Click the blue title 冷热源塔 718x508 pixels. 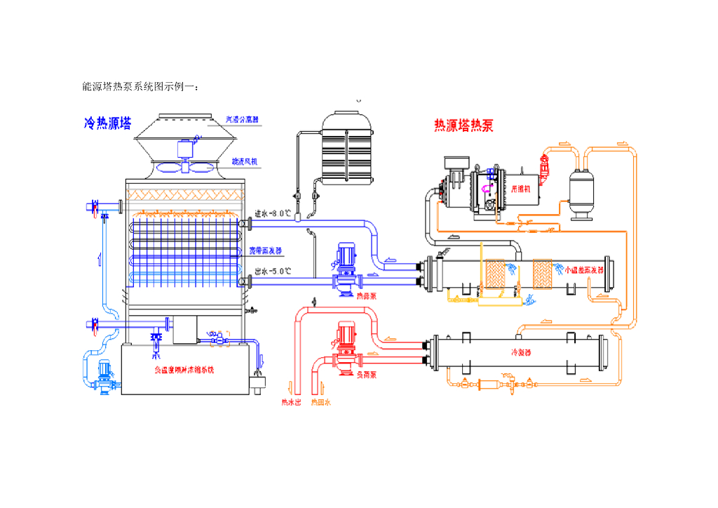(x=108, y=124)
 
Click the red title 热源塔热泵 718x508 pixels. (x=463, y=126)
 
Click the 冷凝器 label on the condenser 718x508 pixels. (x=522, y=352)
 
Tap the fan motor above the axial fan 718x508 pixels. (x=186, y=149)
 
